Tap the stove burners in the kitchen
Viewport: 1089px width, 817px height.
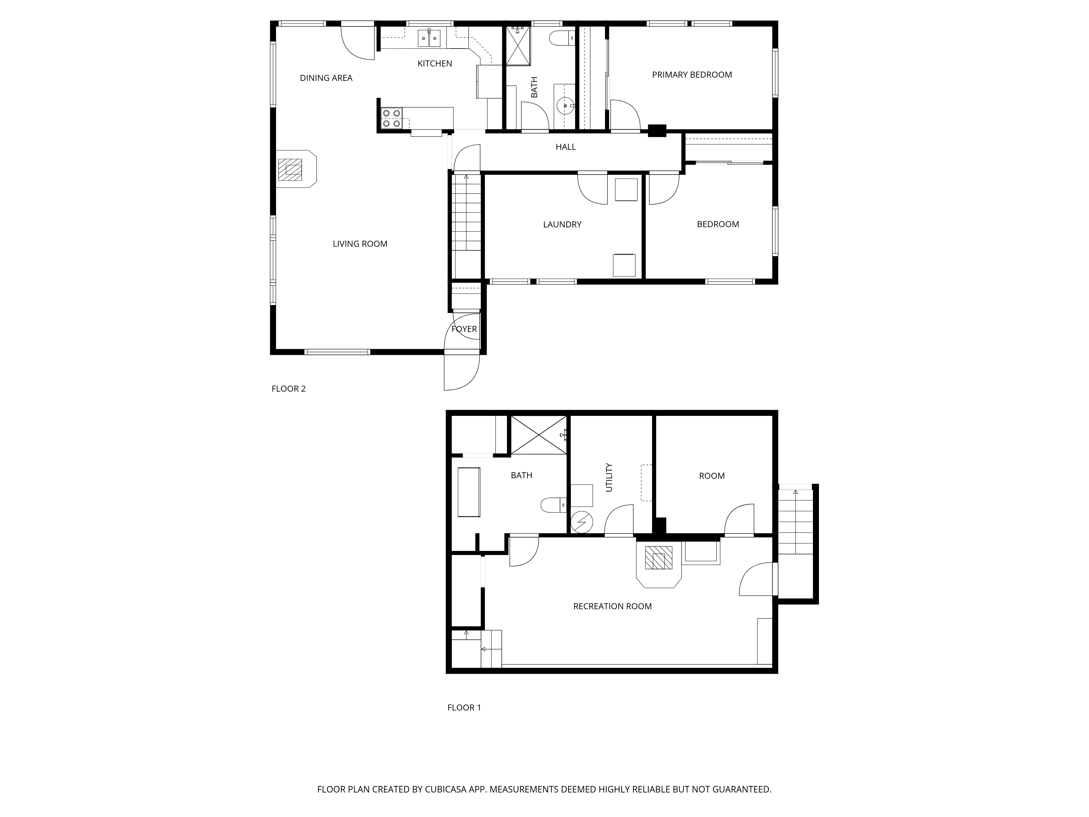[x=391, y=118]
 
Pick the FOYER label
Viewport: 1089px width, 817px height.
[x=464, y=329]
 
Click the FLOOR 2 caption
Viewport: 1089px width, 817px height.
[x=289, y=389]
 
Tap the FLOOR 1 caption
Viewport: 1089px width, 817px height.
[x=464, y=708]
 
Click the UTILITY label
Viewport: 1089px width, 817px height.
[x=609, y=477]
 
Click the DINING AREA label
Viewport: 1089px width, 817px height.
[x=326, y=78]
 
